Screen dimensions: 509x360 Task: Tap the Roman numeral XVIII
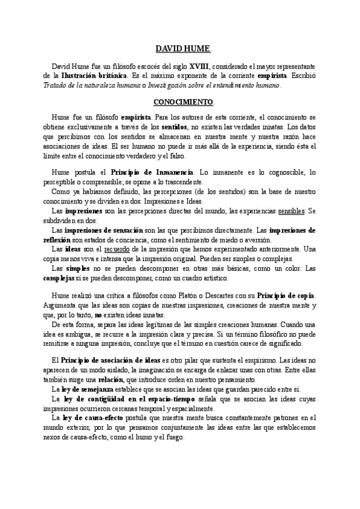200,65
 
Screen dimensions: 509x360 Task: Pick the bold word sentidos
174,127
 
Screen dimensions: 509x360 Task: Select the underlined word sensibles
289,211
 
